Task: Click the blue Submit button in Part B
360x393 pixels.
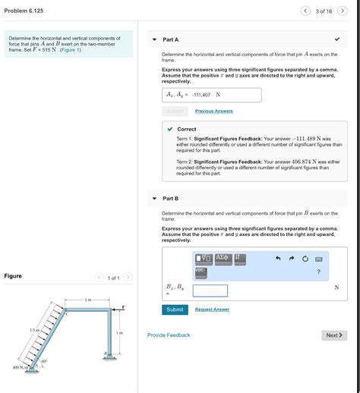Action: coord(176,310)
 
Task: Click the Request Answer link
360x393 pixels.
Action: coord(212,310)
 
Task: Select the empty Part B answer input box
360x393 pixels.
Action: coord(210,291)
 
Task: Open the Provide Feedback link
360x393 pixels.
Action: coord(169,335)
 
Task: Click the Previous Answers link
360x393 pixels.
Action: coord(213,111)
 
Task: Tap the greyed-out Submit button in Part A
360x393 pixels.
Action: coord(175,111)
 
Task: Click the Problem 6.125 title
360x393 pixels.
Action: coord(24,11)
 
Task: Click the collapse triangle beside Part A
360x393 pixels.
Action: coord(154,39)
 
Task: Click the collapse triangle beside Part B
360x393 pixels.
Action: coord(154,198)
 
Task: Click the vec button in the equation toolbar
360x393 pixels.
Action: coord(201,270)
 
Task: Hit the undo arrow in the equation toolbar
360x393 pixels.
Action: coord(278,259)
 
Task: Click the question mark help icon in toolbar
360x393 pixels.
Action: coord(318,272)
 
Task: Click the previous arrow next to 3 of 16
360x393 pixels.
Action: coord(305,11)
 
